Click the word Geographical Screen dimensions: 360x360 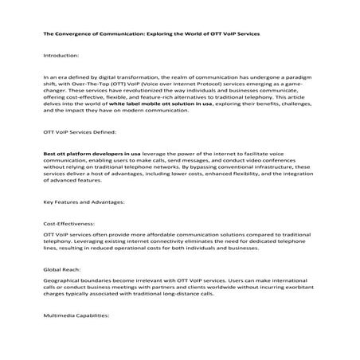64,284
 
